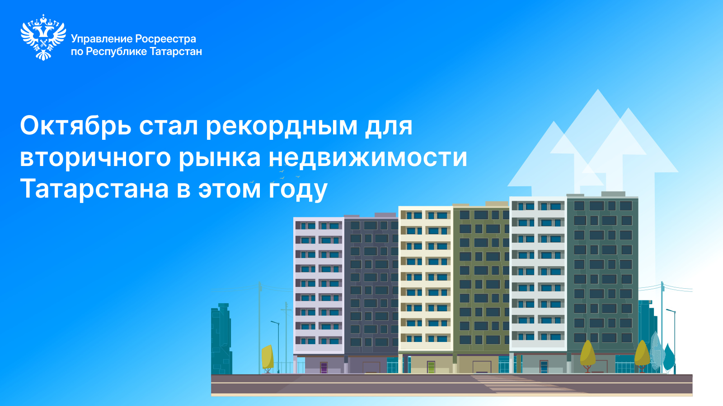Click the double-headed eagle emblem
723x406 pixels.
(x=43, y=37)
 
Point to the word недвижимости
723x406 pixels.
(x=368, y=157)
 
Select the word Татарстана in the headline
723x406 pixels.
(x=94, y=189)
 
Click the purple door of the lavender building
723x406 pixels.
(x=324, y=368)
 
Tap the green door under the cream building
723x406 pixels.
(x=431, y=367)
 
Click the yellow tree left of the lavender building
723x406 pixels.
(x=268, y=358)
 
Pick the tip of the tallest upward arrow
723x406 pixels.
(x=598, y=89)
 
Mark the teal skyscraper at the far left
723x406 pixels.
(x=221, y=339)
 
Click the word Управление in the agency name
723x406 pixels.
(x=101, y=39)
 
